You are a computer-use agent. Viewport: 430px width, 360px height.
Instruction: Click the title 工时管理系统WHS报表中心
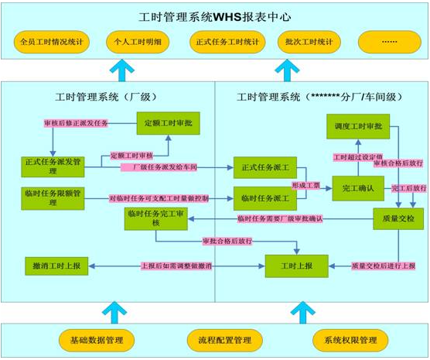214,16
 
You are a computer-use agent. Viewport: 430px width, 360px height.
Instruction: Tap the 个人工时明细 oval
135,41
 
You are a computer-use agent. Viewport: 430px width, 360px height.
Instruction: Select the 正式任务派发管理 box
53,166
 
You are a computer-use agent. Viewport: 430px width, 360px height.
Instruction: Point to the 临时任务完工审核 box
155,219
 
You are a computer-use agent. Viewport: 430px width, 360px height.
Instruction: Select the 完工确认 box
357,187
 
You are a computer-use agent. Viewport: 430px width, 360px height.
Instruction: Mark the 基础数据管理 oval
97,340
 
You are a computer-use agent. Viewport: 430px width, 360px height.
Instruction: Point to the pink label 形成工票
305,186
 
